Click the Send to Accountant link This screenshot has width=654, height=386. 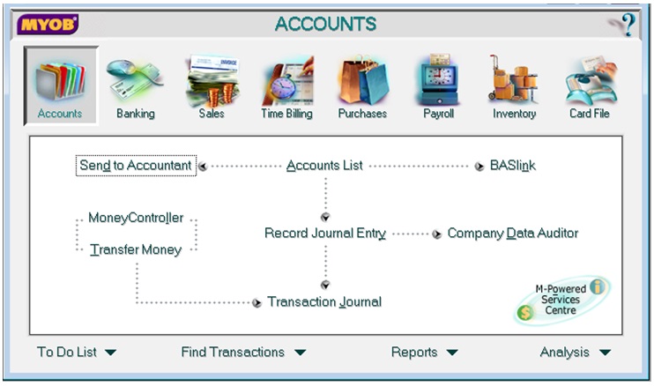(136, 166)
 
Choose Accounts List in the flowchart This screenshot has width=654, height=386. (324, 166)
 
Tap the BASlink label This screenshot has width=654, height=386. (513, 166)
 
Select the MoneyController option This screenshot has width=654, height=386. (136, 218)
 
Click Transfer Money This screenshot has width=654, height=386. (136, 250)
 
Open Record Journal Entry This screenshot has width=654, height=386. (325, 234)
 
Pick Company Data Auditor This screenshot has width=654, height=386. (513, 234)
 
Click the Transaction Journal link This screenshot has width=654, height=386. (324, 302)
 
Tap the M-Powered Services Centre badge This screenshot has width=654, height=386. (561, 300)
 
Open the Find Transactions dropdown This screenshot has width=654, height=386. (243, 353)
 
